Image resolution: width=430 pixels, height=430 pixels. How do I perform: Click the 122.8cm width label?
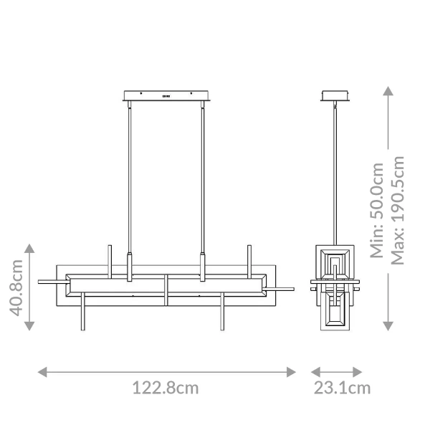coord(166,388)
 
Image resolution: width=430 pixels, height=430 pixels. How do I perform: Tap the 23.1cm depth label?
coord(342,388)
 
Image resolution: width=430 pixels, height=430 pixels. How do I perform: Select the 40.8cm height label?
coord(16,287)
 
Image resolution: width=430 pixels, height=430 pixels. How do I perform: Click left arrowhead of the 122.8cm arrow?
coord(42,371)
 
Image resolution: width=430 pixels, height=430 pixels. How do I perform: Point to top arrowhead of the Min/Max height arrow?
coord(388,91)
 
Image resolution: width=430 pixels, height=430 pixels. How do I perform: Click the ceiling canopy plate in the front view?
coord(166,95)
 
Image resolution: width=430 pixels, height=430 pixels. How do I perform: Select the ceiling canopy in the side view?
coord(335,95)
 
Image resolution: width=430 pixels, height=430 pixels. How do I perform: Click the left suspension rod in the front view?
coord(130,179)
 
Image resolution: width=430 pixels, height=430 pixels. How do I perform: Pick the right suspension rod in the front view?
coord(202,179)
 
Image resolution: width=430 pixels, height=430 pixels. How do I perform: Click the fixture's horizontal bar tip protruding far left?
coord(42,282)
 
